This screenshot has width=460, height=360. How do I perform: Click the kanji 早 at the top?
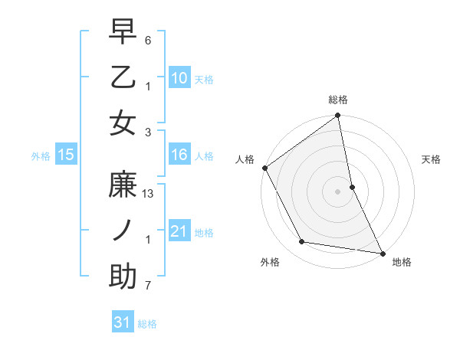123,33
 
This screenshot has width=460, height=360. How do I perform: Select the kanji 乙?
123,78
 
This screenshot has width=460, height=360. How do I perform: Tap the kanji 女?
123,123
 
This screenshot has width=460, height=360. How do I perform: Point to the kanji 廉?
123,186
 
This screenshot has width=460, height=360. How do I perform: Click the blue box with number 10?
179,78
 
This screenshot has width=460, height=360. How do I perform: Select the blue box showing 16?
179,155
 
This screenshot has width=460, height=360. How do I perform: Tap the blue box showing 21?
179,231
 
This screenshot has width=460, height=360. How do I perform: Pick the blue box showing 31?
123,322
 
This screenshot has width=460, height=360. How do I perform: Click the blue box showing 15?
65,155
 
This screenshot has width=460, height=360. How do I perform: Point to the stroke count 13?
149,195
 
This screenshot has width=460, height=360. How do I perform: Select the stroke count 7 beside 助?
148,286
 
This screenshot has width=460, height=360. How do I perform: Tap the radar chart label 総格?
338,100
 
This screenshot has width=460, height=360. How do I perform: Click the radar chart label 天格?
432,159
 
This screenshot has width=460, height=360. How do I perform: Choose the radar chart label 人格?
245,159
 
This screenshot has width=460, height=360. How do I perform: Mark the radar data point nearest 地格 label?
381,252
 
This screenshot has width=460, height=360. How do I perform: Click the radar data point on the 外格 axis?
302,242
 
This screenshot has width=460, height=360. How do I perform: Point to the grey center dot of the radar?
338,191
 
